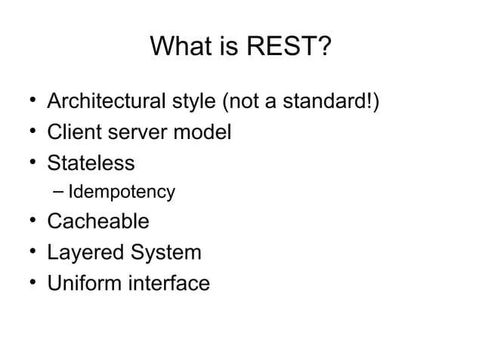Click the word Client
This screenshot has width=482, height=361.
(x=73, y=132)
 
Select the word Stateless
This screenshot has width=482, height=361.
(x=91, y=162)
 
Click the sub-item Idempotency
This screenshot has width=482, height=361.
(x=122, y=193)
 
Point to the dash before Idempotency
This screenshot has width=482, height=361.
(x=59, y=192)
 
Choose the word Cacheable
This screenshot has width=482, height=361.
(x=98, y=222)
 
